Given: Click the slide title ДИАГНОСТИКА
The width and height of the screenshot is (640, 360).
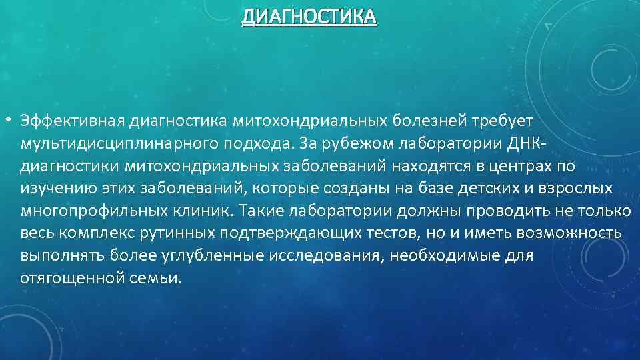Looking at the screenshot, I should click(309, 15).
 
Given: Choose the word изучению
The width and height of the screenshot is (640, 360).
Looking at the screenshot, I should click(52, 189).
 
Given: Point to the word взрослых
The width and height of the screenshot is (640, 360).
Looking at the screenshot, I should click(573, 189).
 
